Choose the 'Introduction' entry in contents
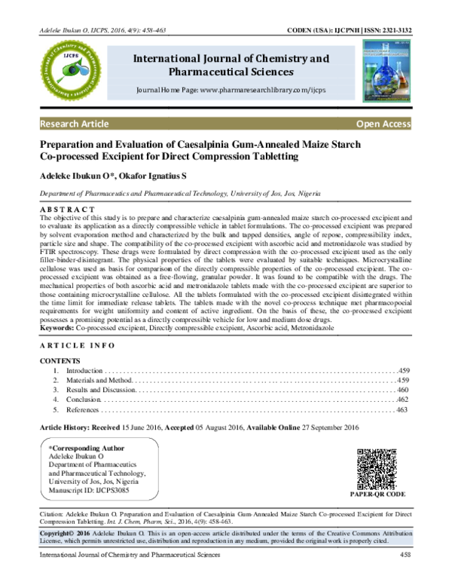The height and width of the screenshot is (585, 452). point(83,372)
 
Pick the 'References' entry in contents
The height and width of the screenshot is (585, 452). point(82,409)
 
